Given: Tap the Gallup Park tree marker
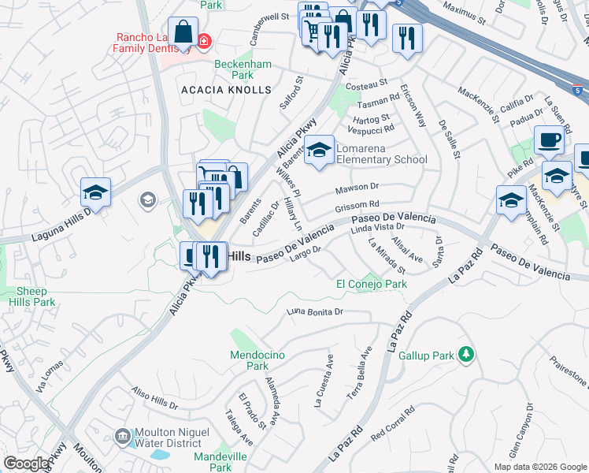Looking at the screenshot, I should [467, 355].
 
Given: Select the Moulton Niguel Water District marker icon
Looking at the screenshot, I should [123, 436].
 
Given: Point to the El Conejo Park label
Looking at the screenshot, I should [371, 284].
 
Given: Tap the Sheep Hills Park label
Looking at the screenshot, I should [36, 296].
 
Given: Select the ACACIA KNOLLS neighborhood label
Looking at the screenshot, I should [226, 91].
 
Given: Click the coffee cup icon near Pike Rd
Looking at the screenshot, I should [549, 140].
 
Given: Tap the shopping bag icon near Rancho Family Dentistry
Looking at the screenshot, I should [183, 34].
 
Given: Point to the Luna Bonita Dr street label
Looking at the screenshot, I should [317, 312].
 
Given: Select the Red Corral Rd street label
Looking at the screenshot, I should [393, 423].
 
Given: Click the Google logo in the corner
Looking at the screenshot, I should [26, 464].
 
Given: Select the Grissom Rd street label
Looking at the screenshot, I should [357, 207].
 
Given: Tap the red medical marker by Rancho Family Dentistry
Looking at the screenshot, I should [204, 39].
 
